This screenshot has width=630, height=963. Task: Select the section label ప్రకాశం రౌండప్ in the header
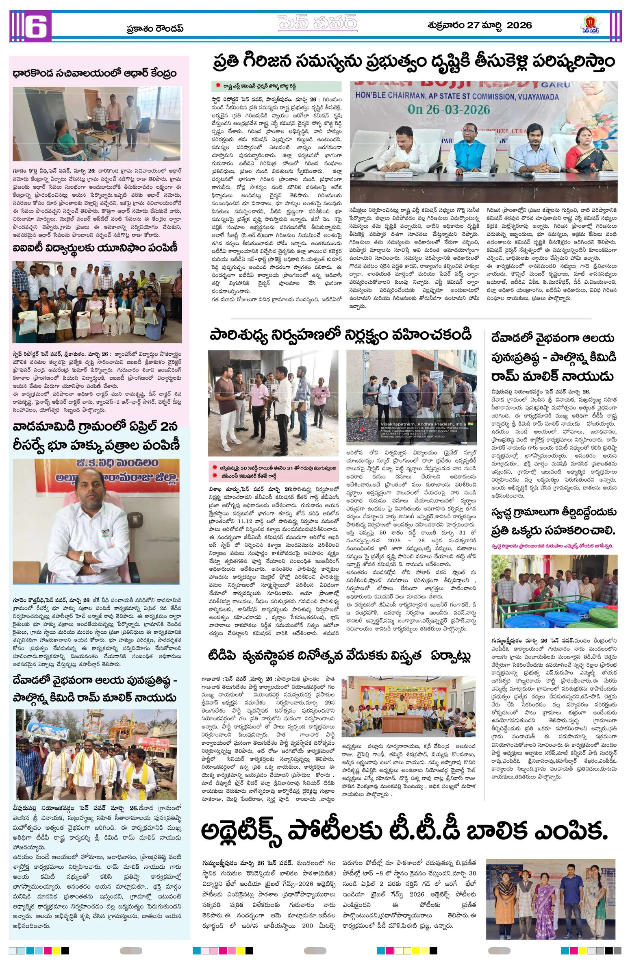[155, 28]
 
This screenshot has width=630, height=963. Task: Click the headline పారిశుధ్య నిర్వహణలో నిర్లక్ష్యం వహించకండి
[340, 336]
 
